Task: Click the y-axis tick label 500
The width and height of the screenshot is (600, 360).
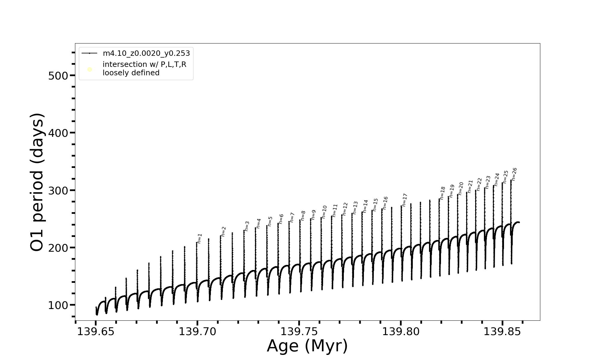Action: coord(58,76)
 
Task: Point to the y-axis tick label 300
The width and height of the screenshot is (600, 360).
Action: coord(58,190)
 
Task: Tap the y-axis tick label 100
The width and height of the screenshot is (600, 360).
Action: coord(58,305)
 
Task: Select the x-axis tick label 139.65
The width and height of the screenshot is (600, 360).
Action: coord(96,332)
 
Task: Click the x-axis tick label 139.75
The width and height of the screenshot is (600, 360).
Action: coord(299,332)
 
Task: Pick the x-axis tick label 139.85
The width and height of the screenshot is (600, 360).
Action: coord(502,332)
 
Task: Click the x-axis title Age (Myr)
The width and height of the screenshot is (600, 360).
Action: coord(307,346)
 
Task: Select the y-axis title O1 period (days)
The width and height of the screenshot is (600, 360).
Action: coord(37,182)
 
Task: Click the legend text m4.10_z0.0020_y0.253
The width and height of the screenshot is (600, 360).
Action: coord(146,53)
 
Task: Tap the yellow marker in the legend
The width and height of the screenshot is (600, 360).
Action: coord(89,70)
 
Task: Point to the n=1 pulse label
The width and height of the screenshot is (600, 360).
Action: coord(199,238)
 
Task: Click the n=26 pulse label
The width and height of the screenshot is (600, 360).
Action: coord(514,174)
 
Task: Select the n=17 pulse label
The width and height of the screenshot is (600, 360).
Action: coord(405,200)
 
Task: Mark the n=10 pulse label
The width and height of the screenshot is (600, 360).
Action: coord(324,212)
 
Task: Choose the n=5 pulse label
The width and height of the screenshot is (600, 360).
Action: coord(270,221)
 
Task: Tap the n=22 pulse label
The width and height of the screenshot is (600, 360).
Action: coord(479,184)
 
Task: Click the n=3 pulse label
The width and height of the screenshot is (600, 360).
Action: coord(247,226)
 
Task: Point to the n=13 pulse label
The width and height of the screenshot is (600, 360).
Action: coord(355,208)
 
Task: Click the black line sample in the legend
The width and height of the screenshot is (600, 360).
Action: coord(89,53)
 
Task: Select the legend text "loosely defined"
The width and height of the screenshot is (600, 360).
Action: coord(131,73)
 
